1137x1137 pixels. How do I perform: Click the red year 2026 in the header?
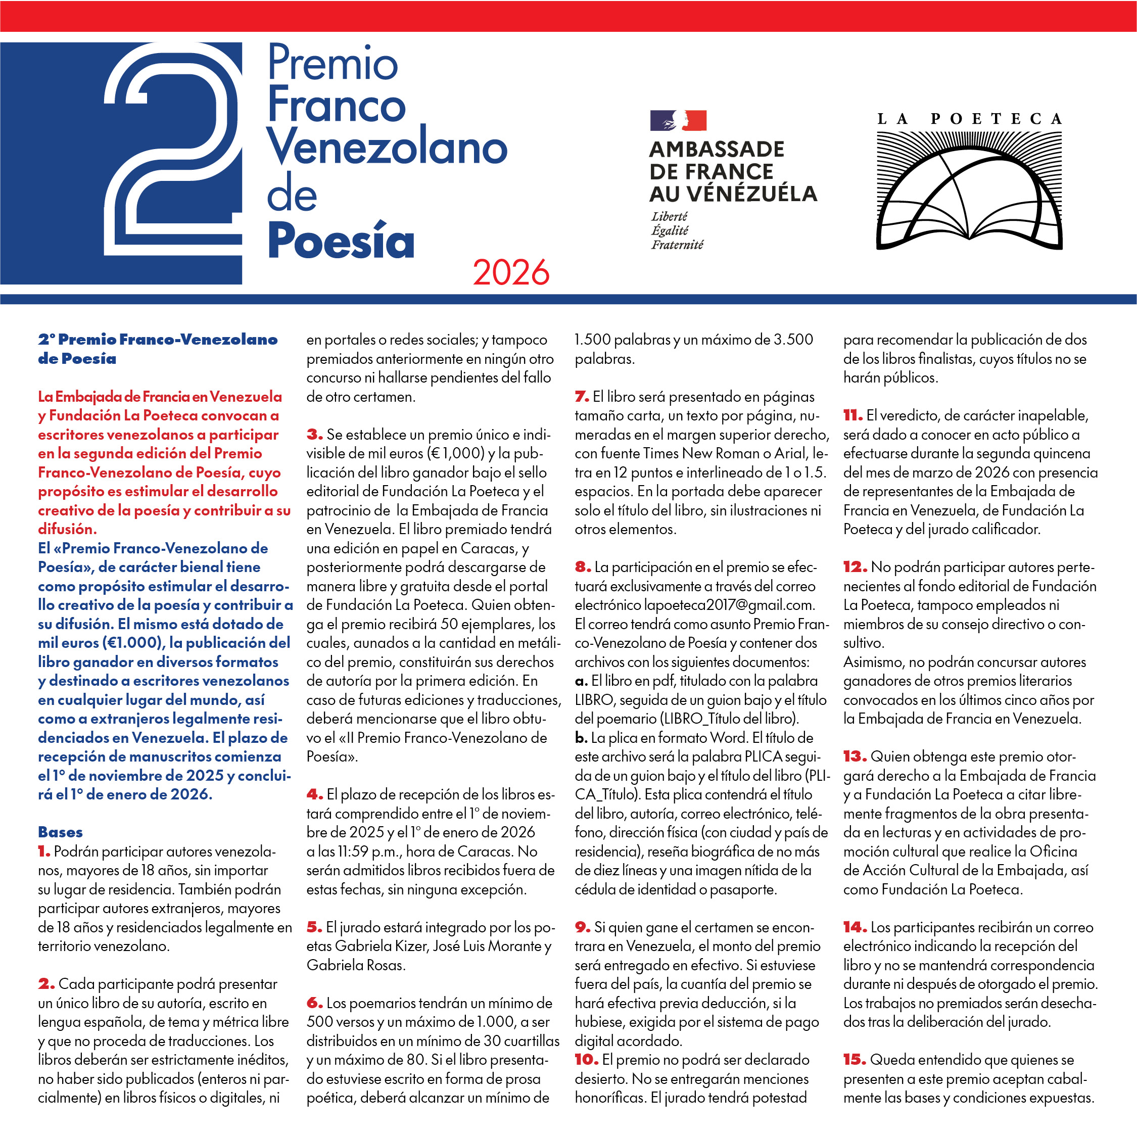point(510,272)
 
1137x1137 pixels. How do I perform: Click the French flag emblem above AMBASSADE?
point(678,120)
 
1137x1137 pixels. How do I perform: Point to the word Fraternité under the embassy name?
point(677,245)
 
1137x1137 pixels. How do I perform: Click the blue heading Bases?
point(60,832)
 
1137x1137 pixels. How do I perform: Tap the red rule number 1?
point(44,851)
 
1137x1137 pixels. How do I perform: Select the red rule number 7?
point(582,397)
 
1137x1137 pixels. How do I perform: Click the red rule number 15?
point(855,1060)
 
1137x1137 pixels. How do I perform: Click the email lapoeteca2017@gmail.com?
point(729,605)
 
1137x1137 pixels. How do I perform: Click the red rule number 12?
point(855,567)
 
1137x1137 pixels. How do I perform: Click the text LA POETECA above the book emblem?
point(969,119)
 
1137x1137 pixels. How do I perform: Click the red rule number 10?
point(587,1060)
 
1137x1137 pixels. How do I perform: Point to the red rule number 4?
point(314,794)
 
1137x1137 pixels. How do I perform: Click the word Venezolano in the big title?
point(387,148)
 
